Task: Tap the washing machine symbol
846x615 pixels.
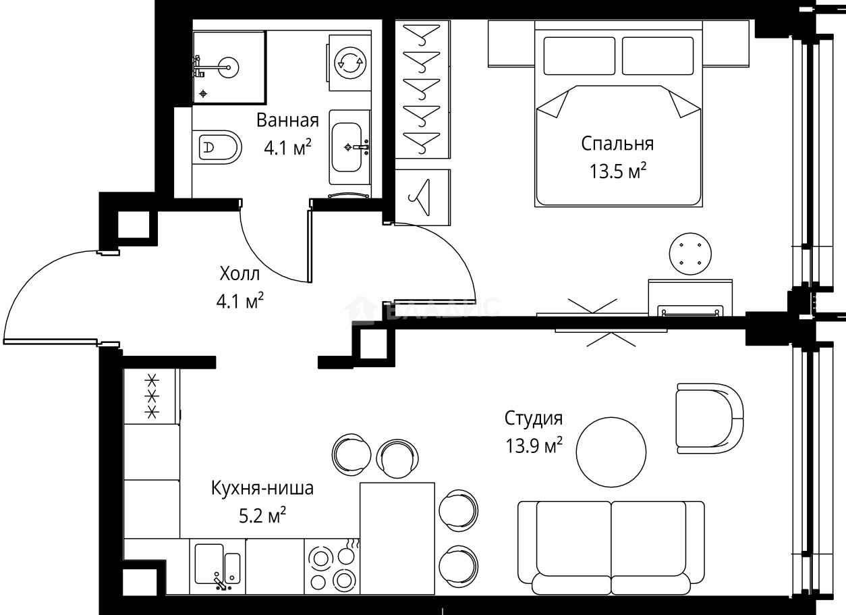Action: (350, 62)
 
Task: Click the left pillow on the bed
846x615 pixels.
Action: (579, 56)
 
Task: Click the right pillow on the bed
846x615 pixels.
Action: (657, 56)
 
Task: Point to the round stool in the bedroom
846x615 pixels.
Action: (690, 254)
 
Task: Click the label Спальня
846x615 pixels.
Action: (617, 144)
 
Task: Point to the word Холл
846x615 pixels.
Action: (239, 274)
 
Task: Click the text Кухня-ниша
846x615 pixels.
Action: (262, 488)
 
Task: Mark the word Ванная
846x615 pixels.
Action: (287, 121)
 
